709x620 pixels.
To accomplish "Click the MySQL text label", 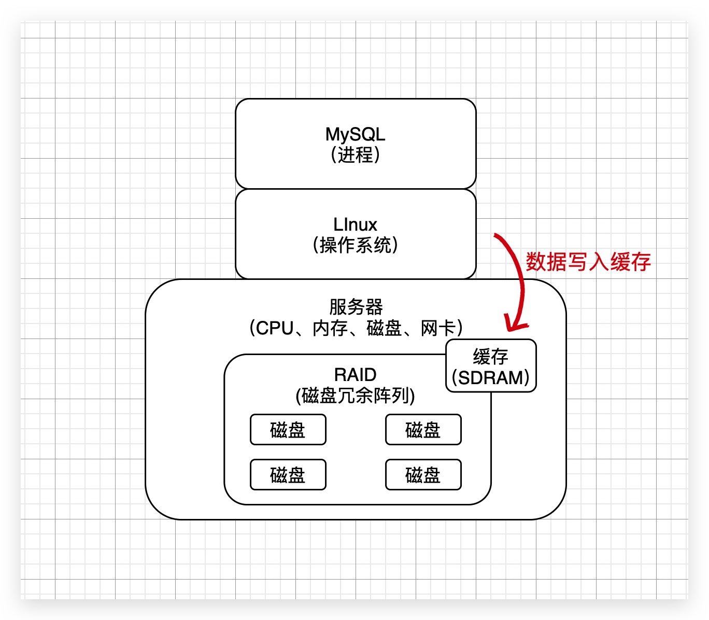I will (355, 134).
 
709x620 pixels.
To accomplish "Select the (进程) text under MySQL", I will (355, 154).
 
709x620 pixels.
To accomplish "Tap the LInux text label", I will (355, 224).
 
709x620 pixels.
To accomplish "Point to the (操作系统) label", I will (355, 245).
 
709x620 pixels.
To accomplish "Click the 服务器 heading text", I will (356, 307).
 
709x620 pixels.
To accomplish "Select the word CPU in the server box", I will (275, 328).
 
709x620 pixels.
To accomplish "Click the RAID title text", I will (355, 374).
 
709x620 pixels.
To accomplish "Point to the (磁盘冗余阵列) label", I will (355, 396).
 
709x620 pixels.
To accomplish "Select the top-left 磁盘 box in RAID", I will (288, 430).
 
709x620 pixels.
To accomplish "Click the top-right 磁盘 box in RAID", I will (423, 430).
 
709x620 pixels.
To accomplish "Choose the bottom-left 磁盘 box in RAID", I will (288, 475).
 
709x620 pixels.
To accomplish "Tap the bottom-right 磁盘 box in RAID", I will (423, 475).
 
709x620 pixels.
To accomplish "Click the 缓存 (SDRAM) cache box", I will (491, 366).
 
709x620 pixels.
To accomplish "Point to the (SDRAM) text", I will (491, 377).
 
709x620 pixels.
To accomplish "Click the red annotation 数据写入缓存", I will (588, 262).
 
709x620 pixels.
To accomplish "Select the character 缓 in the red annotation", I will (620, 262).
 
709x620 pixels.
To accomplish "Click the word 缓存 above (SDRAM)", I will (491, 357).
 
